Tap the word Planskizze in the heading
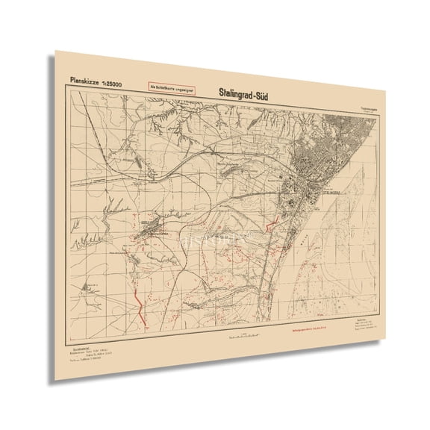(x=84, y=79)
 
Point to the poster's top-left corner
(x=57, y=52)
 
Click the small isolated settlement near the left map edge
(x=90, y=285)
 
